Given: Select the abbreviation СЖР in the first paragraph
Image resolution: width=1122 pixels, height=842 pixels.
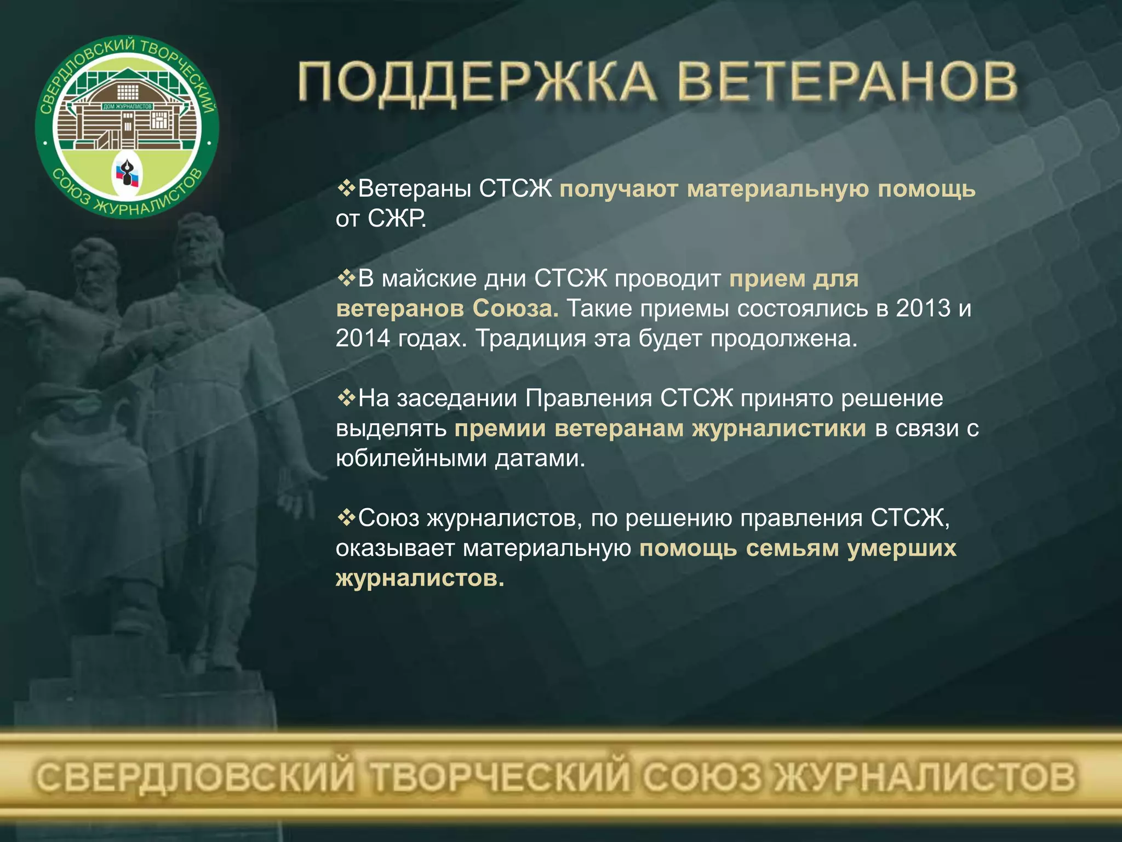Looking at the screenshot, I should (x=396, y=219).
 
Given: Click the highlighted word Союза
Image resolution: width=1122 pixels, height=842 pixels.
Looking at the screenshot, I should (x=516, y=308).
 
